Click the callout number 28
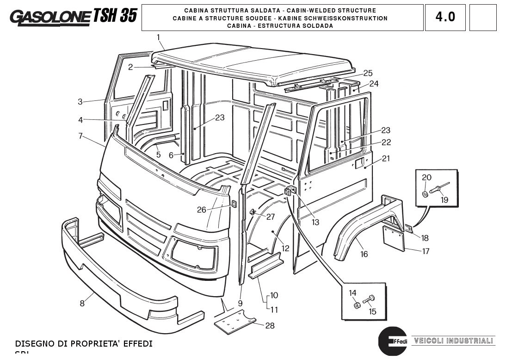click(x=270, y=326)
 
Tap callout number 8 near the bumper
click(x=82, y=304)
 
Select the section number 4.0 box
click(x=445, y=17)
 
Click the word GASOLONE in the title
click(x=50, y=17)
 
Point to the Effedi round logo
click(x=392, y=341)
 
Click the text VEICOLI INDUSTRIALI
click(x=453, y=341)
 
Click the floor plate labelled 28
click(x=235, y=320)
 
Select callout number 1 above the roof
click(x=158, y=37)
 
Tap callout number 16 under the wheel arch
click(x=364, y=254)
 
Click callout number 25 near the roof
click(x=368, y=73)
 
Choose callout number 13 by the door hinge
click(x=315, y=222)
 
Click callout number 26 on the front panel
click(x=201, y=210)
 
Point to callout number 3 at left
click(x=80, y=102)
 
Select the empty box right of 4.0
click(x=482, y=17)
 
